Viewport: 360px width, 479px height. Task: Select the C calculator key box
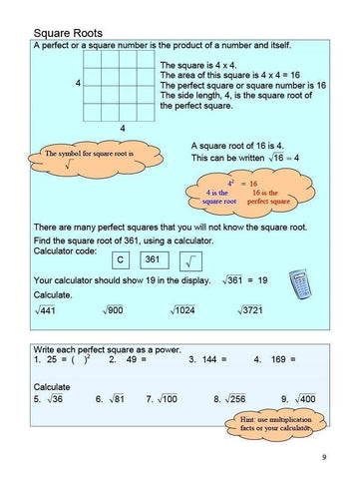point(120,259)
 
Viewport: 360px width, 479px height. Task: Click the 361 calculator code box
point(153,259)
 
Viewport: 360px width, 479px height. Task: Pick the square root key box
point(190,260)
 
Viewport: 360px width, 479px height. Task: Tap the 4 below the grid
point(122,129)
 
